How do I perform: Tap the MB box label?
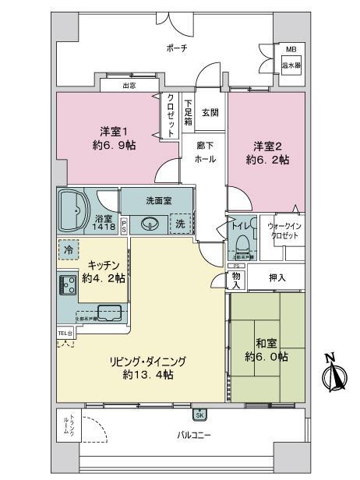(x=290, y=48)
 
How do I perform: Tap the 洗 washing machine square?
(x=181, y=223)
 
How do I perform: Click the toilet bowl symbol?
(x=244, y=234)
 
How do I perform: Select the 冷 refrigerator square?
(x=69, y=250)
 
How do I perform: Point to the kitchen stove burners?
(x=65, y=283)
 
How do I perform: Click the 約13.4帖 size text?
(x=148, y=375)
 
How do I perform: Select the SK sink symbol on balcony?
(x=200, y=415)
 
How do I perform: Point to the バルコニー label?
(x=192, y=433)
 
